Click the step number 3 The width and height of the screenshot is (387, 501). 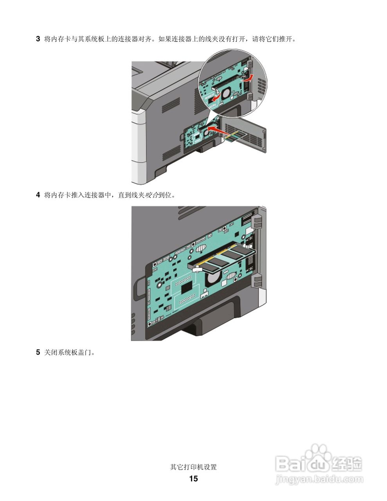coord(38,39)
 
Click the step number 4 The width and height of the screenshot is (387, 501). coord(38,195)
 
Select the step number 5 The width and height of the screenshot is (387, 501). coord(38,352)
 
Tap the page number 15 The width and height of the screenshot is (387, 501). coord(193,479)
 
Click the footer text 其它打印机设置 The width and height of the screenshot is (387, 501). coord(193,467)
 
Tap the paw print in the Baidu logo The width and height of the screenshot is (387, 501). coord(318,454)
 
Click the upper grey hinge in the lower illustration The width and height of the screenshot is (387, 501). coord(257,221)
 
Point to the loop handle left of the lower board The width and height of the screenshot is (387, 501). coord(137,287)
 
